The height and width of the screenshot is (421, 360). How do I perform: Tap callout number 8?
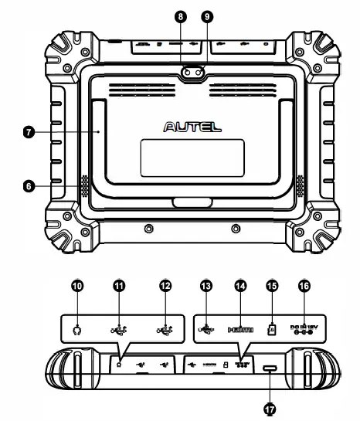pyautogui.click(x=178, y=15)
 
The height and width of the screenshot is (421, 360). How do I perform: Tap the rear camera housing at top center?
pyautogui.click(x=192, y=73)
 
